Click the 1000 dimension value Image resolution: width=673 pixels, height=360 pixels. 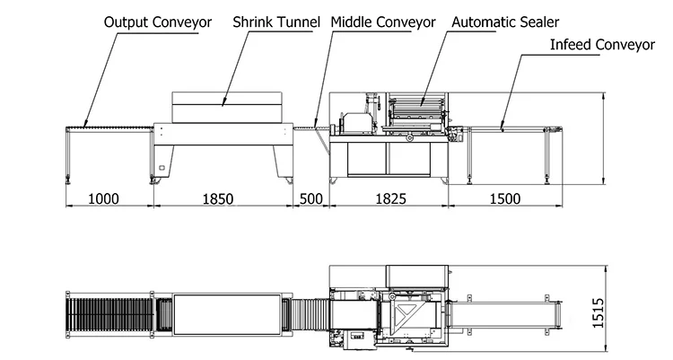tap(104, 198)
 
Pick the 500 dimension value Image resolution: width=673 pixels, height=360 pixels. tap(310, 198)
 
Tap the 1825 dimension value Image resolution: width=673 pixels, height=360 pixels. tap(389, 198)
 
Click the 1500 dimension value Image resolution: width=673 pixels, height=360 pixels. tap(504, 198)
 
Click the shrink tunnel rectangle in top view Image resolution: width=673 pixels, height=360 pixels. tap(227, 313)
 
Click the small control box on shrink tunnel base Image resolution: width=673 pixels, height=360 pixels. tap(162, 167)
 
